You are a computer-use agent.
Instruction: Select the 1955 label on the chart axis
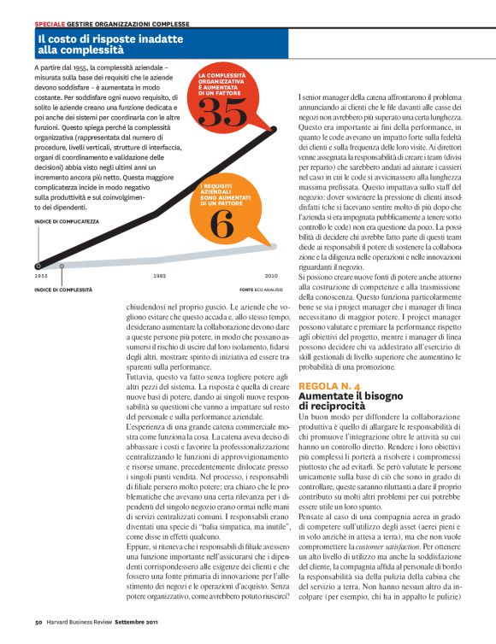pyautogui.click(x=41, y=276)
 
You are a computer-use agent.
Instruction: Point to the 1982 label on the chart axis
pyautogui.click(x=160, y=276)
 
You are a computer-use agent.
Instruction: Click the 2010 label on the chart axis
pyautogui.click(x=271, y=276)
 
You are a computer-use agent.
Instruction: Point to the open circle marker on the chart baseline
pyautogui.click(x=62, y=266)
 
